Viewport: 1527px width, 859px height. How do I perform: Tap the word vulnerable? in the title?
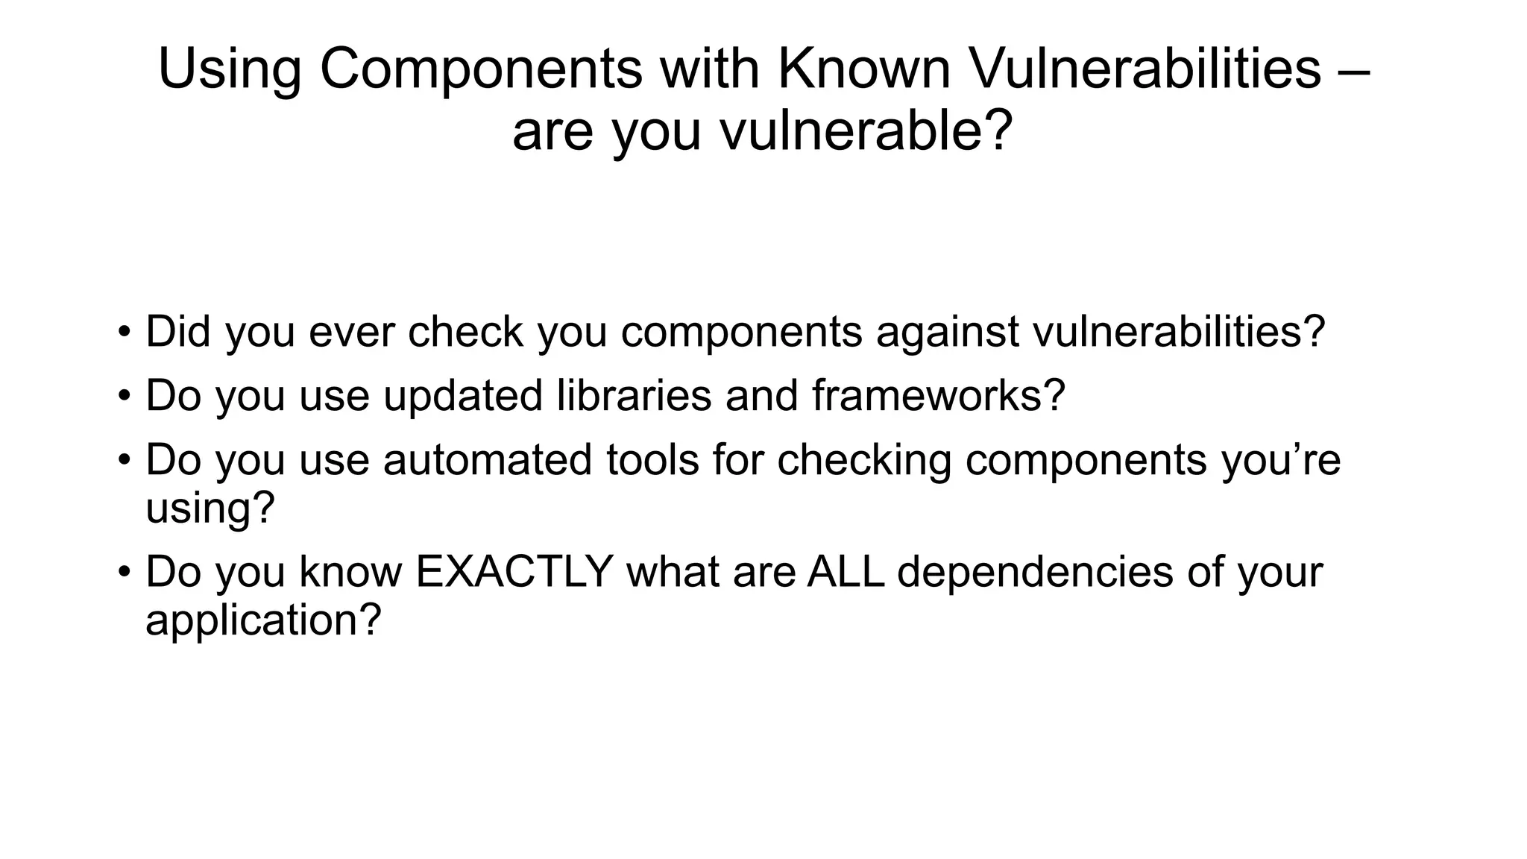click(x=866, y=131)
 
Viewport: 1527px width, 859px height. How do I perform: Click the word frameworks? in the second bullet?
click(x=939, y=395)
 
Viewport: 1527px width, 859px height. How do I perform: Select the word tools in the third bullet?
click(x=652, y=459)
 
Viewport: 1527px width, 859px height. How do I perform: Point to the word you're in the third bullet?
click(x=1280, y=461)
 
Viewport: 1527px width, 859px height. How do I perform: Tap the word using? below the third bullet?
click(x=210, y=509)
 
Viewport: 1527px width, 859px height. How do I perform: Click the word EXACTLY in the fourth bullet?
click(x=514, y=571)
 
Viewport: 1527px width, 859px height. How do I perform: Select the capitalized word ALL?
click(x=846, y=571)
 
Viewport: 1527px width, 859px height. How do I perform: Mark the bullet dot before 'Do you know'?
click(x=124, y=573)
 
